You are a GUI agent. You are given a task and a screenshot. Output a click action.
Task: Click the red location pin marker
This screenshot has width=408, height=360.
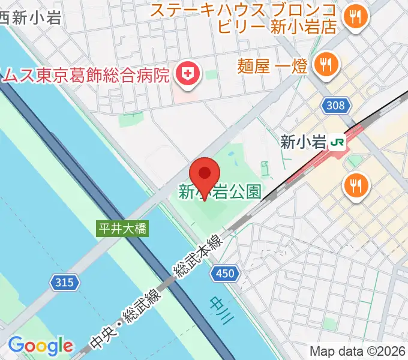click(204, 174)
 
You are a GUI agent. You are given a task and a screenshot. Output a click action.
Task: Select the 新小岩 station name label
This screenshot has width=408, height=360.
click(303, 142)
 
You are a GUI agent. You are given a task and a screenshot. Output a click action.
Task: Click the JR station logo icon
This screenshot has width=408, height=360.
click(339, 142)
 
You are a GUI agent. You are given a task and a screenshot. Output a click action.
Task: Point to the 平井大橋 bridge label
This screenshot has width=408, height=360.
click(122, 229)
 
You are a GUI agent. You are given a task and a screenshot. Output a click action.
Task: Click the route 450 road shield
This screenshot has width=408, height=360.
click(225, 274)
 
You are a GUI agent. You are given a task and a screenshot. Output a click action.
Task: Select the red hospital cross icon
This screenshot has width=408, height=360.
click(187, 75)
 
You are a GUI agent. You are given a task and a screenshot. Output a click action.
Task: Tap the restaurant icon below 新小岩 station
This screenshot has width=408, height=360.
click(356, 186)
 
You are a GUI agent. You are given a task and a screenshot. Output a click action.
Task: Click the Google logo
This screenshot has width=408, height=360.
click(40, 346)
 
